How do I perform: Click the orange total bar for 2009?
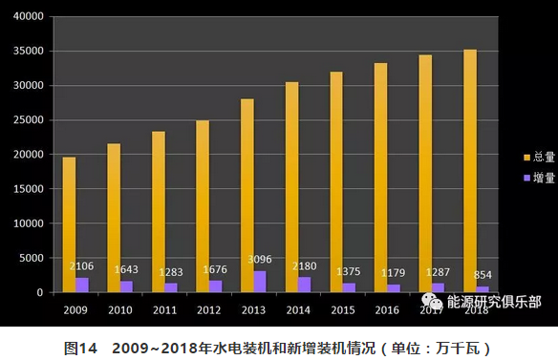[x=69, y=224]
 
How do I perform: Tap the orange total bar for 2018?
[x=469, y=171]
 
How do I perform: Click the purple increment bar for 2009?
[x=82, y=285]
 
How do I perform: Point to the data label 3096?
[x=261, y=259]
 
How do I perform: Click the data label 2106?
[x=83, y=265]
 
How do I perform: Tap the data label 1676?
[x=217, y=269]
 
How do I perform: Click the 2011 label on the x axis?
[x=164, y=309]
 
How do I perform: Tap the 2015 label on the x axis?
[x=342, y=309]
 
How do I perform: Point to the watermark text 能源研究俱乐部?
[x=486, y=302]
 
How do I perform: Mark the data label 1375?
[x=350, y=271]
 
